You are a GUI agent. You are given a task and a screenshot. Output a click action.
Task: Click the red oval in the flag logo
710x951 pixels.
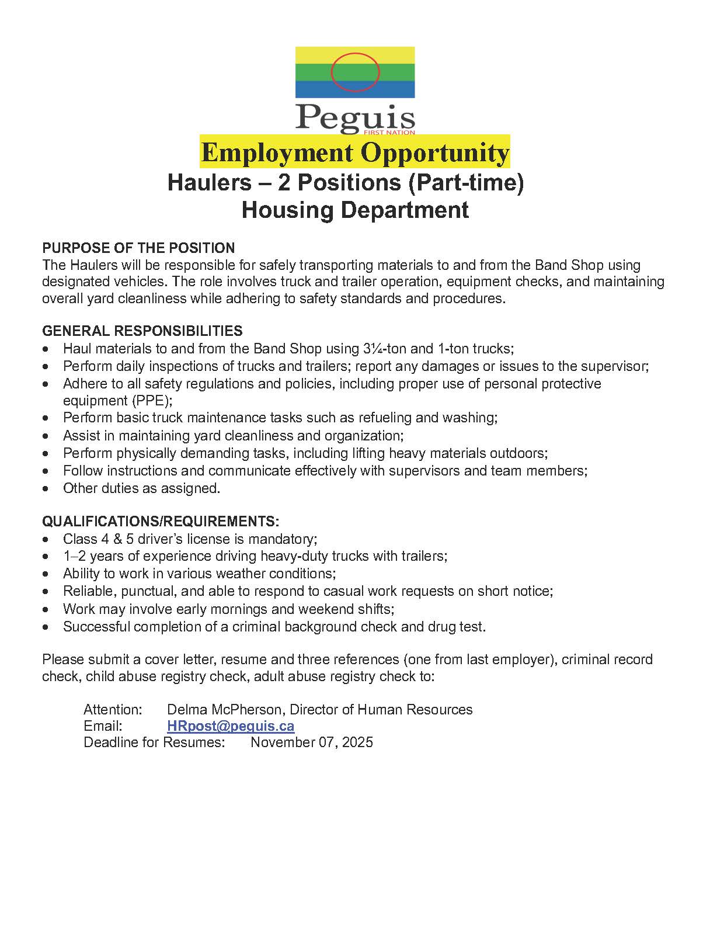tap(355, 72)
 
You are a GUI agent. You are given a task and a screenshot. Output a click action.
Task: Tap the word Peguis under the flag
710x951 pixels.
tap(355, 117)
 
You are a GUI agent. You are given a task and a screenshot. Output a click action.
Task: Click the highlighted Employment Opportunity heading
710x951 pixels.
tap(355, 152)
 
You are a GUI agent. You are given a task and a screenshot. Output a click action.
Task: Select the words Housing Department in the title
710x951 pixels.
tap(355, 210)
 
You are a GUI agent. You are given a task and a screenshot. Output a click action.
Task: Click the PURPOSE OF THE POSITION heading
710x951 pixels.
tap(138, 248)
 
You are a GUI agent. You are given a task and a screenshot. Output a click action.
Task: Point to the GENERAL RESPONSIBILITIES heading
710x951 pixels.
tap(142, 331)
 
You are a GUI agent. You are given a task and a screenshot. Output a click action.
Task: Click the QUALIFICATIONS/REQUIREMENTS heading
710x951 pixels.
tap(161, 521)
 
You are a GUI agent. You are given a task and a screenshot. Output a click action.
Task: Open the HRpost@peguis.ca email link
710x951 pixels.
tap(231, 726)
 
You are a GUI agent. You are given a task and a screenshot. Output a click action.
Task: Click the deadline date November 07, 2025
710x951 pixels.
tap(312, 742)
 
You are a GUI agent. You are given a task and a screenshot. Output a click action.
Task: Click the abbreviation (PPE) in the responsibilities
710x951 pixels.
tap(151, 401)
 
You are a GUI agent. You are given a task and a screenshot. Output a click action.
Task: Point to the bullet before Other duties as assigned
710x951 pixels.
tap(46, 488)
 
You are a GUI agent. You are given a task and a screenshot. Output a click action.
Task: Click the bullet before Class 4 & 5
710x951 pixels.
tap(46, 539)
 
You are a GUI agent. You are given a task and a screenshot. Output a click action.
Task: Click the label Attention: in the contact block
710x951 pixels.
tap(113, 710)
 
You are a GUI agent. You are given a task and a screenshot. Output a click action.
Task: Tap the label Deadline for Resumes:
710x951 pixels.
tap(154, 742)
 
